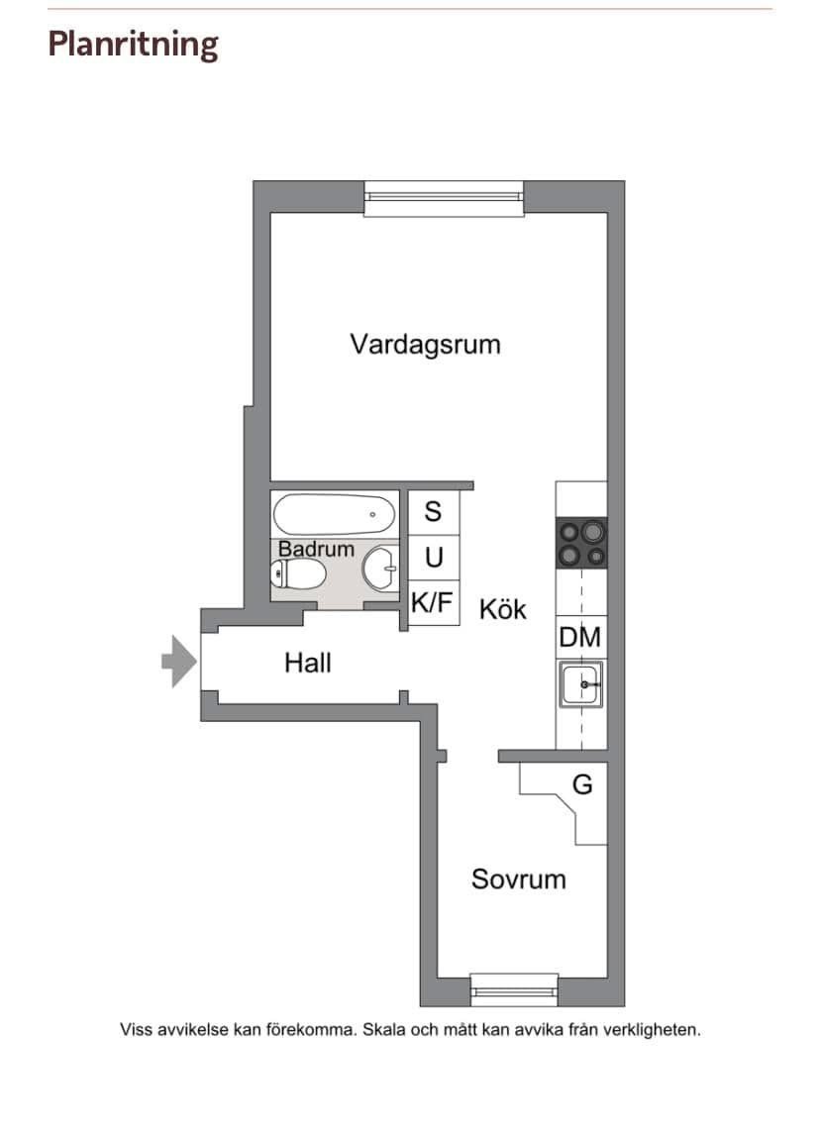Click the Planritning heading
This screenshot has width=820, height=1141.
[133, 45]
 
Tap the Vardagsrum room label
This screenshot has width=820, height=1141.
[425, 345]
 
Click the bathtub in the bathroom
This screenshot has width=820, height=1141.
[334, 514]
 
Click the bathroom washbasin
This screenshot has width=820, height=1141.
[380, 569]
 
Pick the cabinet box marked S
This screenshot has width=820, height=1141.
[433, 512]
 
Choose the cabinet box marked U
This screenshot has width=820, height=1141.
[434, 559]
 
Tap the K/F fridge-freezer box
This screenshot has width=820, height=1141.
[433, 602]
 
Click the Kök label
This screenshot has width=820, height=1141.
[502, 609]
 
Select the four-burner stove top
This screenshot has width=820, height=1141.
[581, 543]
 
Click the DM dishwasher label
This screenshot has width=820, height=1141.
[580, 638]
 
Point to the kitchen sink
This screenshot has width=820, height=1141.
[580, 684]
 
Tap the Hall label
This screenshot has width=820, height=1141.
[308, 663]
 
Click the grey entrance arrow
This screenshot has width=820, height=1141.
[179, 662]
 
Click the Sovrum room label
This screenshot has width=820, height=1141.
[518, 880]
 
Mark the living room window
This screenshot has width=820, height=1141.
[444, 198]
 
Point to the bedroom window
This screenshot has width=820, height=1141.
[514, 990]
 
